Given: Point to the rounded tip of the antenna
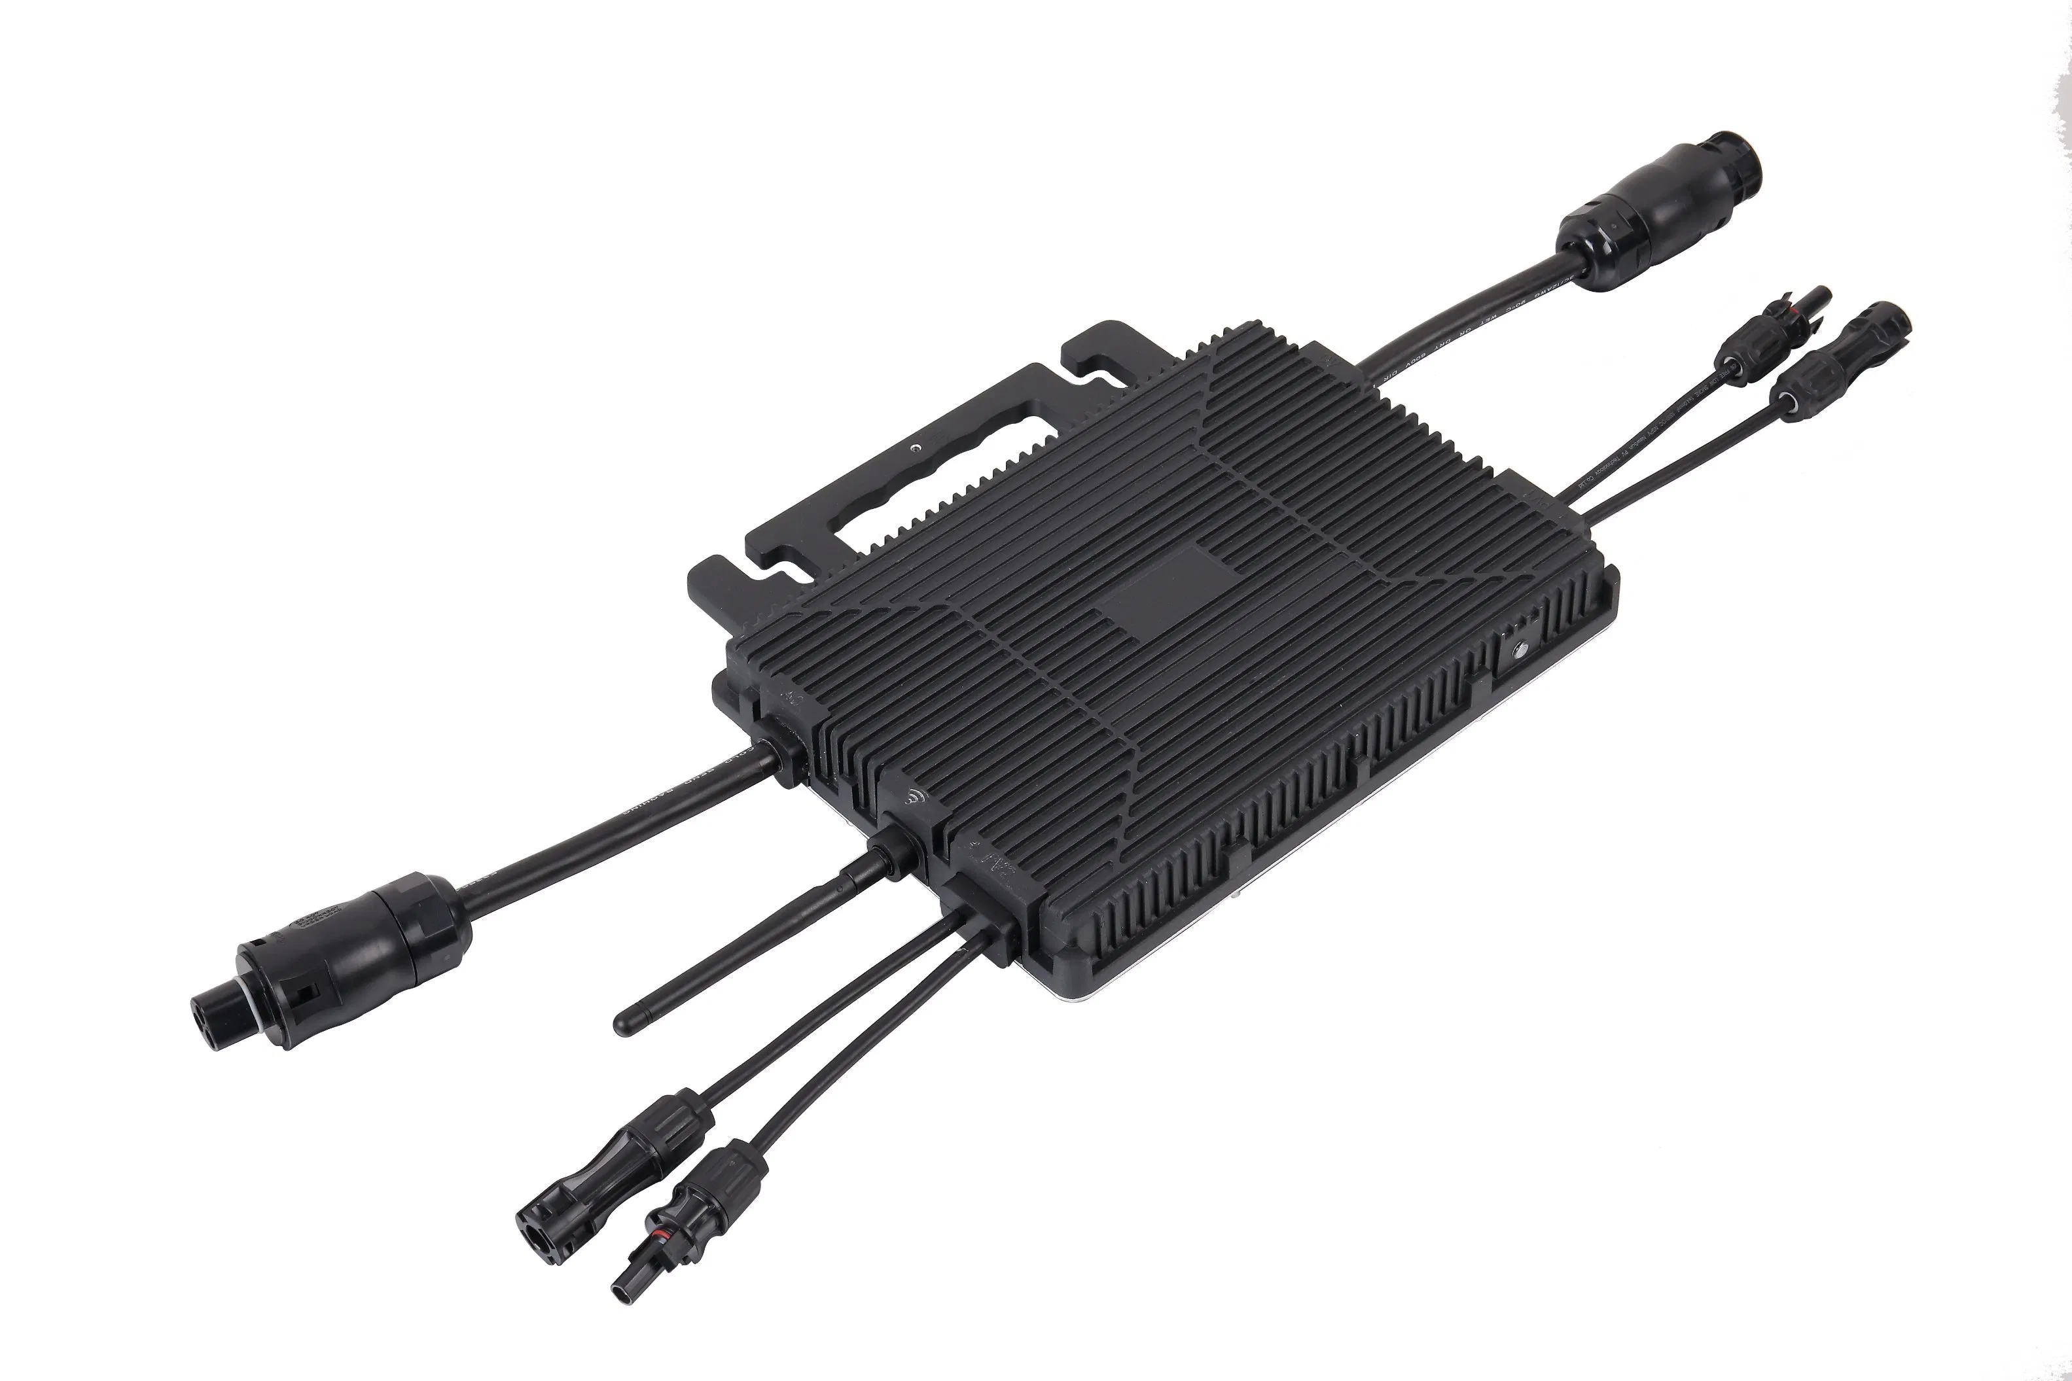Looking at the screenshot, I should coord(624,1022).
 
